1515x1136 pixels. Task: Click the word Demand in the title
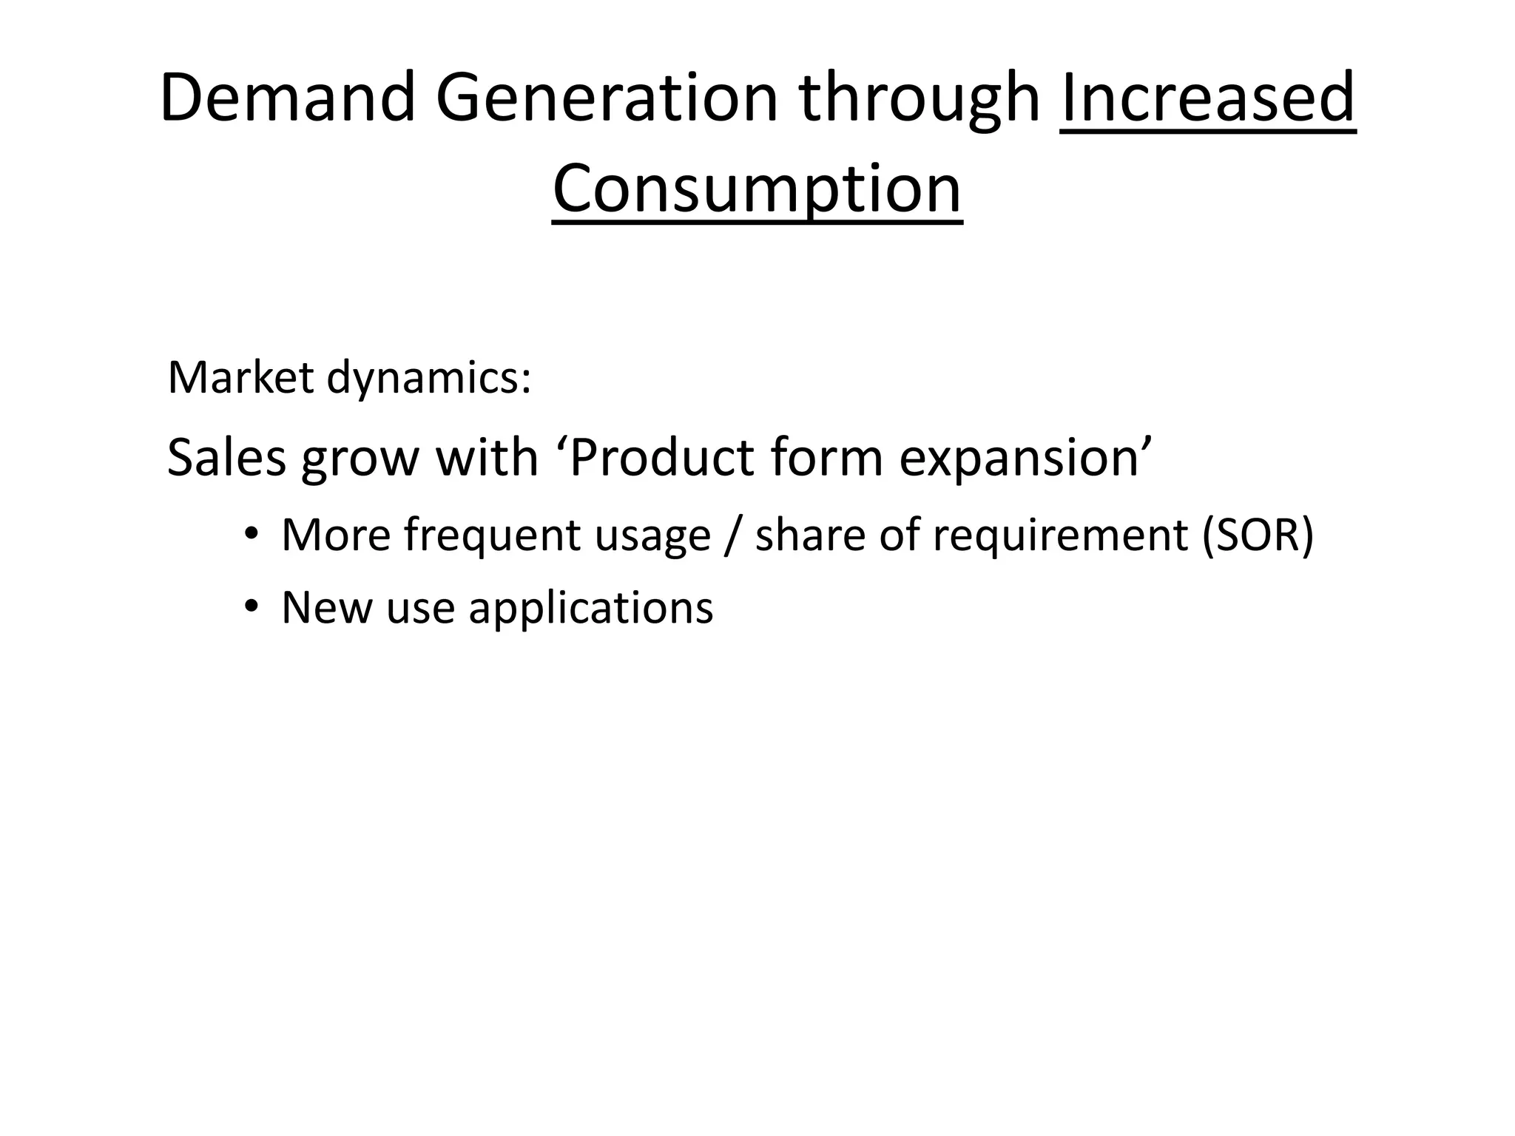[x=287, y=98]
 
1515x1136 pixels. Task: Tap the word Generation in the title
[x=607, y=98]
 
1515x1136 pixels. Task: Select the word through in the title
[x=920, y=98]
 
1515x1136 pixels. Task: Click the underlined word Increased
[x=1208, y=98]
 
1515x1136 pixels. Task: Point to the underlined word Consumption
[x=757, y=189]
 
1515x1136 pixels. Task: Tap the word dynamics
[x=428, y=379]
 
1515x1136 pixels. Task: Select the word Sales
[x=226, y=457]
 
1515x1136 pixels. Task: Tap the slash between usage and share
[x=732, y=535]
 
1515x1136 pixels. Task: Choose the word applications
[x=590, y=608]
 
